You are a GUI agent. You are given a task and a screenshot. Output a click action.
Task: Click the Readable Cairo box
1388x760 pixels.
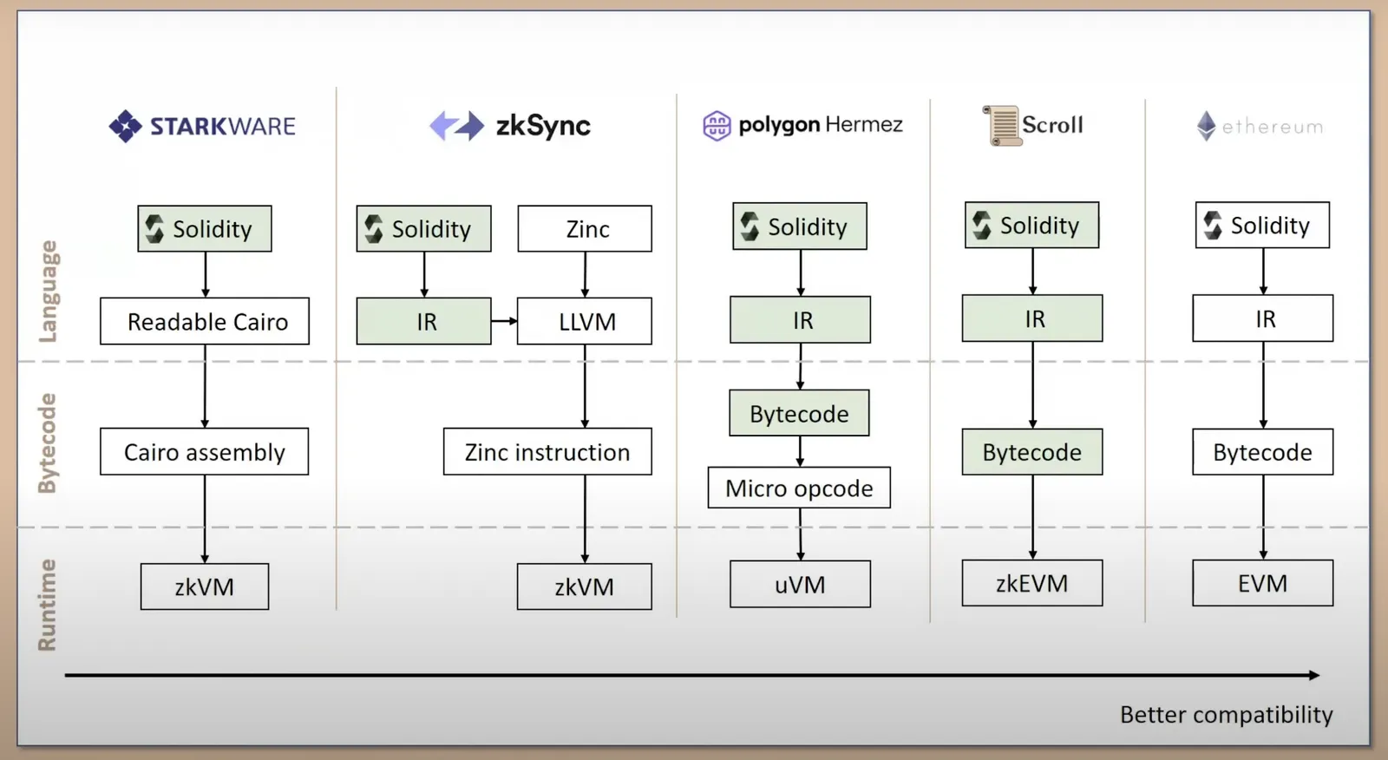pos(205,321)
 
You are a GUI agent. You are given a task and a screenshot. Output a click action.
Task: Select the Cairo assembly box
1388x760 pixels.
pos(205,451)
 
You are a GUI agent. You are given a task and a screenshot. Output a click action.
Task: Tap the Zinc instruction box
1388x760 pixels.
pos(547,451)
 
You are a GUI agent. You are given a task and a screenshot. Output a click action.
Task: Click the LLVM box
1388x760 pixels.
pos(585,321)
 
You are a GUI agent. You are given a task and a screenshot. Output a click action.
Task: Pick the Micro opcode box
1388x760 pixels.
pos(799,488)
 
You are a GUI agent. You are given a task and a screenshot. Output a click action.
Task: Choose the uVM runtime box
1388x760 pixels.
pos(800,584)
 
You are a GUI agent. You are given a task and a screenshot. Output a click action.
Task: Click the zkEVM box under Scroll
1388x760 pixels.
pos(1032,583)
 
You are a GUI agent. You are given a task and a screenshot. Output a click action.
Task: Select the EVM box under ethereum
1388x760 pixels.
pos(1263,583)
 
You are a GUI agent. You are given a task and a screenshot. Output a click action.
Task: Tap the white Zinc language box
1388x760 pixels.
pos(585,229)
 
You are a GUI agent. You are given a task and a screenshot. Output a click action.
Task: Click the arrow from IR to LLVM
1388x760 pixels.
pos(504,321)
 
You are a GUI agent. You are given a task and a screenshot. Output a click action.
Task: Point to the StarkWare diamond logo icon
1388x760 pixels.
pos(126,126)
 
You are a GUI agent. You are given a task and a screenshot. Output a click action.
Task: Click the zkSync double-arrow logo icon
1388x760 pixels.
pos(456,125)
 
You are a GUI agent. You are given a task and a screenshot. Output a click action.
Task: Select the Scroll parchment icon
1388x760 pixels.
pos(1001,126)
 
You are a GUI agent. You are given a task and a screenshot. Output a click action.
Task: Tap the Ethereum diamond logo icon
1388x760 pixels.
pos(1206,126)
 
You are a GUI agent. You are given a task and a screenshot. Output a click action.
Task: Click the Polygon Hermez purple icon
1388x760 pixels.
pos(717,126)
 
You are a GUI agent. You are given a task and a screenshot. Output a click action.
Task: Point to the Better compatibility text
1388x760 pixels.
pos(1227,715)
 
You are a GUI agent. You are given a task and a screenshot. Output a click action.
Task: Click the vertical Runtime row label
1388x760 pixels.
pos(47,605)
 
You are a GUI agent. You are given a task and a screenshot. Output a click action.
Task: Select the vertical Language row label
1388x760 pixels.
pos(47,292)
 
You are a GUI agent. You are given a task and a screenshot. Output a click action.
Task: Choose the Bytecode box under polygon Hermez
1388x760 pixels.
pos(799,413)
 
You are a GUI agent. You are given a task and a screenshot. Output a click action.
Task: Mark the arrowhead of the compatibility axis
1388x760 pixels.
pos(1315,675)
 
